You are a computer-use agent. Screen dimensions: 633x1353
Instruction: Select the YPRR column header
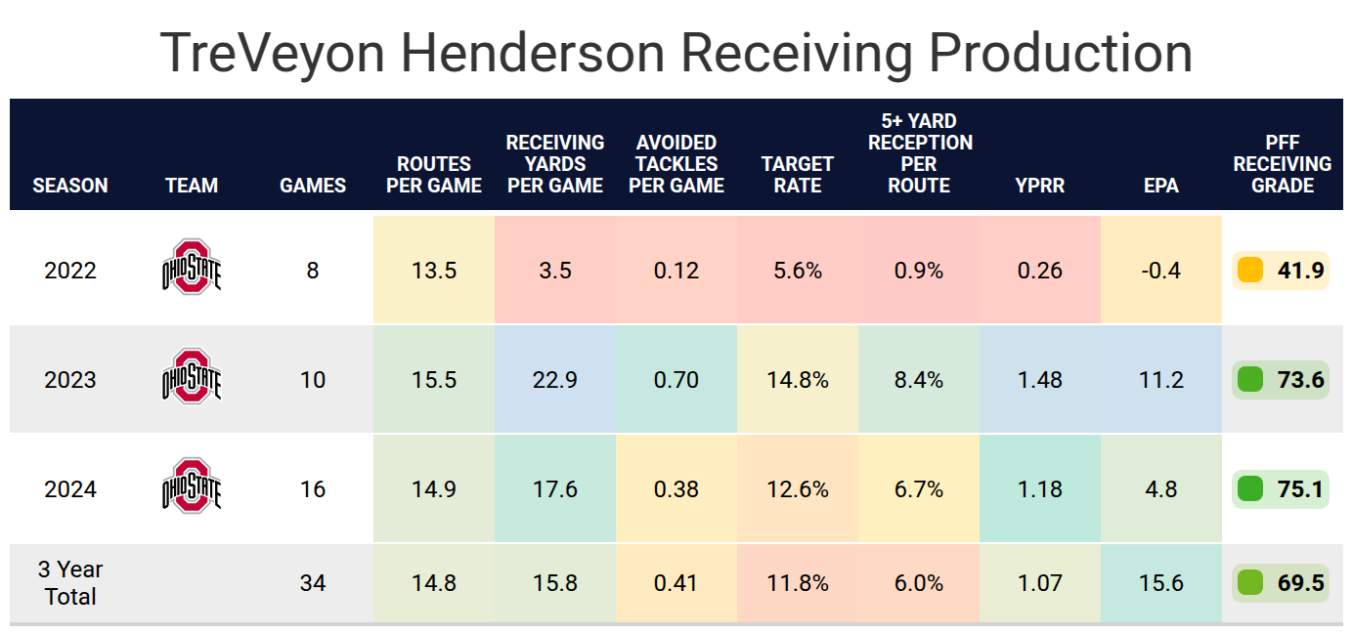click(1040, 185)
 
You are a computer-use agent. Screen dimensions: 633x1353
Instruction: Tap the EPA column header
click(1161, 185)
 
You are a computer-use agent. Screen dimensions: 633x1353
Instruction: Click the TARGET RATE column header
click(798, 174)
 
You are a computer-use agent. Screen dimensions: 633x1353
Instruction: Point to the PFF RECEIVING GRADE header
click(1283, 164)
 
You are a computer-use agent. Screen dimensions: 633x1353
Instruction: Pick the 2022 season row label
click(70, 271)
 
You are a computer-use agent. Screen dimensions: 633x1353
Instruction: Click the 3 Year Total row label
click(70, 582)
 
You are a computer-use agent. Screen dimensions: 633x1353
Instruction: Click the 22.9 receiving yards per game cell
click(555, 379)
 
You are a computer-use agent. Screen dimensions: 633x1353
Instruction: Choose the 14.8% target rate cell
click(798, 379)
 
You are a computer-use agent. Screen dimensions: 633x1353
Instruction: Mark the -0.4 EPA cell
click(1161, 271)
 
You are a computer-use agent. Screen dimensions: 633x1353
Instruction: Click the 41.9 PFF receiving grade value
click(1300, 271)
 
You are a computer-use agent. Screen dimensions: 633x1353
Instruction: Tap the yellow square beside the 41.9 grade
click(1249, 271)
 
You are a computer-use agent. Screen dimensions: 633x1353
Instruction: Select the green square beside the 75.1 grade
click(1249, 488)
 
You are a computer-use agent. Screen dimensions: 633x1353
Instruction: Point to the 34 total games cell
click(313, 583)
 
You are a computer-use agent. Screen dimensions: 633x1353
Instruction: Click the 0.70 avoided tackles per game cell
click(676, 379)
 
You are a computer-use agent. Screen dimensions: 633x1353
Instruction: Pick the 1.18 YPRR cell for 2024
click(1040, 488)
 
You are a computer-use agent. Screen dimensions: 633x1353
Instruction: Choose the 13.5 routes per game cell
click(434, 271)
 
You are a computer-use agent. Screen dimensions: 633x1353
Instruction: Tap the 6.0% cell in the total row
click(919, 583)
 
